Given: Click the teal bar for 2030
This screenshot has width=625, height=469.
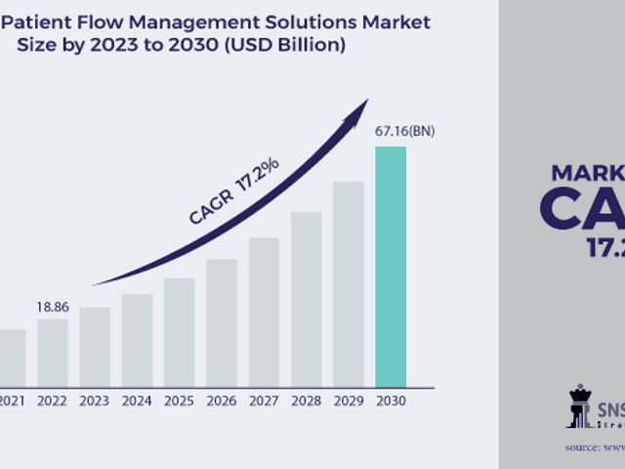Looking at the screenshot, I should pyautogui.click(x=391, y=266).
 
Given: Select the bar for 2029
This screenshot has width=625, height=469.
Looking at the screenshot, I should pyautogui.click(x=349, y=283).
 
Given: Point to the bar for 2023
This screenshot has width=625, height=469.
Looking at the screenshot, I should pyautogui.click(x=95, y=346).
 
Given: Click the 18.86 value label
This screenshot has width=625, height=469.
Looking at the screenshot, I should pyautogui.click(x=53, y=307).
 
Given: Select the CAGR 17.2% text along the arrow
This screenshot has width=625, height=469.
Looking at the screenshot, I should pyautogui.click(x=234, y=192).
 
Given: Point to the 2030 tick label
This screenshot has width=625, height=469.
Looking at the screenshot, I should pyautogui.click(x=391, y=400).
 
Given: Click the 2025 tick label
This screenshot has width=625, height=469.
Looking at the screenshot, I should pyautogui.click(x=179, y=400).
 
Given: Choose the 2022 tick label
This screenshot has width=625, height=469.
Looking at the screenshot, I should pyautogui.click(x=53, y=400).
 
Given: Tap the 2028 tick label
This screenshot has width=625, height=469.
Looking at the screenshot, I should pyautogui.click(x=306, y=400).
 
